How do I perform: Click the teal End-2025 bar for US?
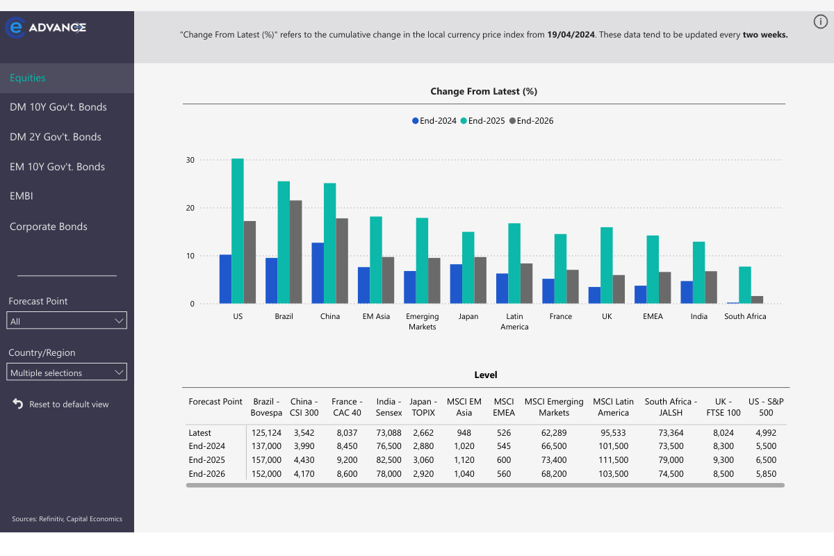238,231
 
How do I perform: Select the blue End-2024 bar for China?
318,273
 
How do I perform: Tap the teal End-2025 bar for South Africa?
745,285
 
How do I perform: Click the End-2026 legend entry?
532,121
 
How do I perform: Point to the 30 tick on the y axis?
189,160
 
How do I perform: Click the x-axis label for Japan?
468,316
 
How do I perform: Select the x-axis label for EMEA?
653,316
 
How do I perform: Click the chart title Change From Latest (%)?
484,91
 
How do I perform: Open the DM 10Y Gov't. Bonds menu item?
58,107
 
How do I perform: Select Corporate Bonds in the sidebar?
49,227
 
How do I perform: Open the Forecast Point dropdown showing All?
67,321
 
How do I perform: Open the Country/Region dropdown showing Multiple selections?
67,373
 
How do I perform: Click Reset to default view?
68,404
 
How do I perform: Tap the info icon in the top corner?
821,22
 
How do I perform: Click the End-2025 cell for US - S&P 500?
766,460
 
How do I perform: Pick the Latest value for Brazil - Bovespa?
267,432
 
